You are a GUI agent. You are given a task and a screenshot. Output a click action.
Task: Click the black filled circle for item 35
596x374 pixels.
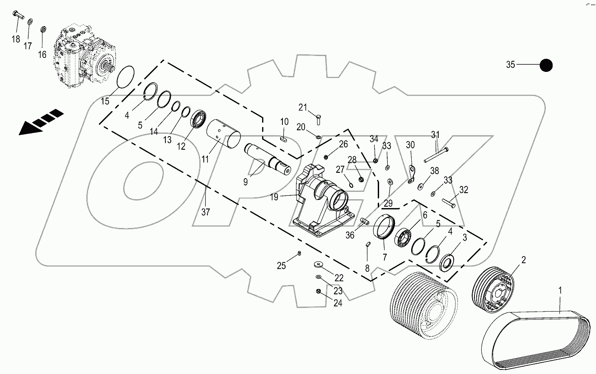(x=546, y=65)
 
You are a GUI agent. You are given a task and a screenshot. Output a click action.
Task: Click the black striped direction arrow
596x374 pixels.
(x=40, y=122)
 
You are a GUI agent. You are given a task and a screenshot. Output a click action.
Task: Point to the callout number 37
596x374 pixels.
(x=206, y=212)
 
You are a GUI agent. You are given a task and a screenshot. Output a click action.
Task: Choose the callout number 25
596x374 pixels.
(x=282, y=266)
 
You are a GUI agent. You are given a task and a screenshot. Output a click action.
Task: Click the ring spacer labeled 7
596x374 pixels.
(x=385, y=227)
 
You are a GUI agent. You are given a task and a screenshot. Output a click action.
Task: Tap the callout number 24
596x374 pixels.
(x=338, y=303)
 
